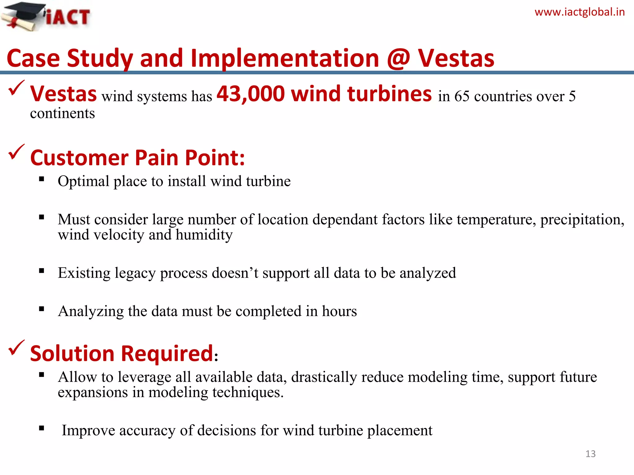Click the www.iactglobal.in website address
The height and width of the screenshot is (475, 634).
click(x=580, y=12)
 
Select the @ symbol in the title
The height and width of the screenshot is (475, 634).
click(x=398, y=58)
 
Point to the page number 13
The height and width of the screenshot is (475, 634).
click(x=590, y=454)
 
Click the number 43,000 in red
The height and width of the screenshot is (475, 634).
click(x=250, y=94)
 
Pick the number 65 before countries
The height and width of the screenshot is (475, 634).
click(x=462, y=96)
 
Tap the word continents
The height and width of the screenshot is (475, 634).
click(x=63, y=113)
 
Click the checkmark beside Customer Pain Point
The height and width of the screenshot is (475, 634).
click(x=16, y=152)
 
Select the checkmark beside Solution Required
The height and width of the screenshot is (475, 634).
click(x=16, y=348)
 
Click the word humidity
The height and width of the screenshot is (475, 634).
click(x=204, y=235)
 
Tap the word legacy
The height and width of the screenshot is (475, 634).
click(x=135, y=273)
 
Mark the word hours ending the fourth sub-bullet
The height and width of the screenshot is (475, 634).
click(x=339, y=311)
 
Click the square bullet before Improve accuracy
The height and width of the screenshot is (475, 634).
click(x=42, y=428)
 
